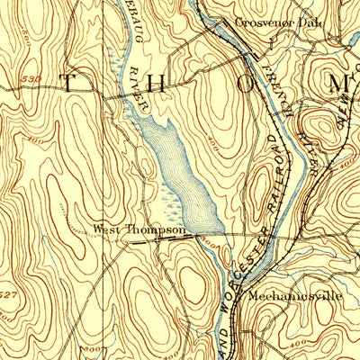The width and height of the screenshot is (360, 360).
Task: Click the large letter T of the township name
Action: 68,83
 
